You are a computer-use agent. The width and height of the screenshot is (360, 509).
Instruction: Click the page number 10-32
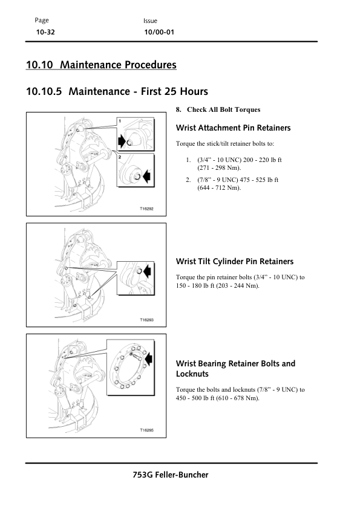point(45,32)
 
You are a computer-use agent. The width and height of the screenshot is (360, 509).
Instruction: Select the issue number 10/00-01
point(159,32)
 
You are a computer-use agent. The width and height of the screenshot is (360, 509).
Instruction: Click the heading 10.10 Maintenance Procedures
point(101,65)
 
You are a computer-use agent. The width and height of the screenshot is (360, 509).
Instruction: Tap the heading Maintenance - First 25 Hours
point(138,91)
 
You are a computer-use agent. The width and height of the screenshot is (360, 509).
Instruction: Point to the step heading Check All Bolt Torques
point(223,109)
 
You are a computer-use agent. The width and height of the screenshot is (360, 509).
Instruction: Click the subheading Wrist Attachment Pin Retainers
point(234,128)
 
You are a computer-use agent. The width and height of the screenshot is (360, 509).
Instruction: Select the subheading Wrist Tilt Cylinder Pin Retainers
point(235,261)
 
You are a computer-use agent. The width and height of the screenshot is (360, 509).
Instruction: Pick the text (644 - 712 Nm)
point(219,187)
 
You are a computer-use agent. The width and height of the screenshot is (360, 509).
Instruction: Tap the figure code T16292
point(146,209)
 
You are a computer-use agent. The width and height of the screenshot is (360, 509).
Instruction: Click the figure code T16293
point(146,320)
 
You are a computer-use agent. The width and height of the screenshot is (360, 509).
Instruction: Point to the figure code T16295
point(146,430)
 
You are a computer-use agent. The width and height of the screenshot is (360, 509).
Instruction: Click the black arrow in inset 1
point(122,141)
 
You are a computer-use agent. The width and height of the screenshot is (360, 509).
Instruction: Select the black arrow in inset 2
point(146,176)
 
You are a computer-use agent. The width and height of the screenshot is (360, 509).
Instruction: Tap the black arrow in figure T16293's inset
point(147,270)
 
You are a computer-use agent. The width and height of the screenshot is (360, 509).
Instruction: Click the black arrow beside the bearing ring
point(149,359)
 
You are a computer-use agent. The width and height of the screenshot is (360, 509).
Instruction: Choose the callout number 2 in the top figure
point(120,157)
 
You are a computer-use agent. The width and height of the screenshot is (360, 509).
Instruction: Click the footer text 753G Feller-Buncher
point(171,475)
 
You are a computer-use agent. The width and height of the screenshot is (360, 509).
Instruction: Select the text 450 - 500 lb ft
point(195,398)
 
